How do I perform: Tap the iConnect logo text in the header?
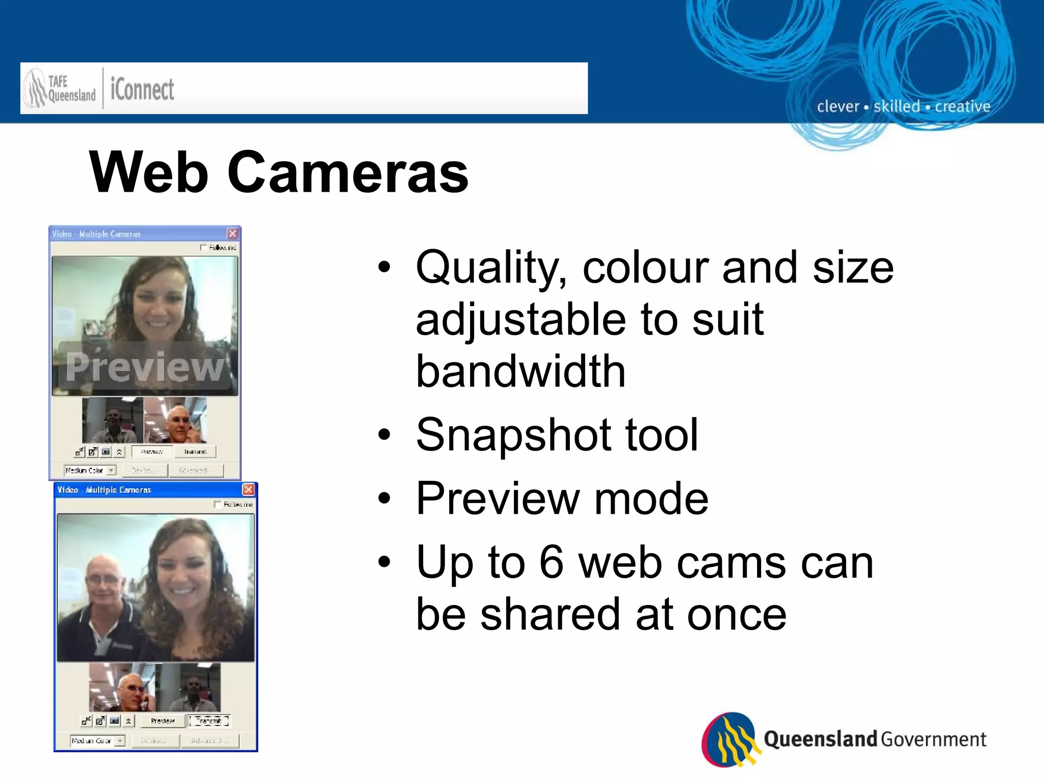[x=142, y=90]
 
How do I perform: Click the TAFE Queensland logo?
[x=60, y=89]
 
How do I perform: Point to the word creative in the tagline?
[x=962, y=107]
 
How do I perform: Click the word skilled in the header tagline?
[x=897, y=107]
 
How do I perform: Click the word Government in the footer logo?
[x=933, y=739]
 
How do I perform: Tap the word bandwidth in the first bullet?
[x=520, y=371]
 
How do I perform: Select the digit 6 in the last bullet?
[x=552, y=562]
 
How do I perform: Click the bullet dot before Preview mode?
[x=384, y=498]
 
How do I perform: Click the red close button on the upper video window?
[x=232, y=233]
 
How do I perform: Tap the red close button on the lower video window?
[x=248, y=489]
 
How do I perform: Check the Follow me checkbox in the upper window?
[x=204, y=248]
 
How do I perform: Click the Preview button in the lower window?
[x=163, y=721]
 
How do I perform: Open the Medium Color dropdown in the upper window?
[x=111, y=470]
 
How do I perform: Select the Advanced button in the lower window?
[x=210, y=740]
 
